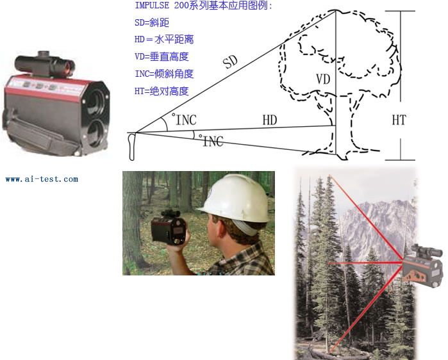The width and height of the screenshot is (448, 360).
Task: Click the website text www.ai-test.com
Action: [x=42, y=179]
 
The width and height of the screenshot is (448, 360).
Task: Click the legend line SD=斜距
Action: [x=152, y=22]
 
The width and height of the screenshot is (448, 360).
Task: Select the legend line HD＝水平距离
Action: [x=164, y=40]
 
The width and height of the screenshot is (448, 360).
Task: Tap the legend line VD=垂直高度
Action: [x=162, y=56]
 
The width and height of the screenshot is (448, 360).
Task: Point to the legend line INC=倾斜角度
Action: [x=164, y=74]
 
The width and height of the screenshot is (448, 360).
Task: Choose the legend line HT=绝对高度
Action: [x=162, y=92]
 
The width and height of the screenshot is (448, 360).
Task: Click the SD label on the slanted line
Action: [x=230, y=62]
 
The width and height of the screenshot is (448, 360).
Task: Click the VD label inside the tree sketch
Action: [x=323, y=79]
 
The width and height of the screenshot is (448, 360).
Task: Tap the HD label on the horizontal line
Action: [x=270, y=120]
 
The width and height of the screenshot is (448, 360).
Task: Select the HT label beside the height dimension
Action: [x=399, y=120]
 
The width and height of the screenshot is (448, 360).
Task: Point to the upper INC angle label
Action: [x=185, y=120]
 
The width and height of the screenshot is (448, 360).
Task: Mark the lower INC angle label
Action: [x=212, y=141]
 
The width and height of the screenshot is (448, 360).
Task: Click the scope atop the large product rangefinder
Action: [x=45, y=65]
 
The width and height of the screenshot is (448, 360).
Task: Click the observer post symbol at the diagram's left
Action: [x=132, y=147]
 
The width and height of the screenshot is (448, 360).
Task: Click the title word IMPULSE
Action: [x=152, y=5]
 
